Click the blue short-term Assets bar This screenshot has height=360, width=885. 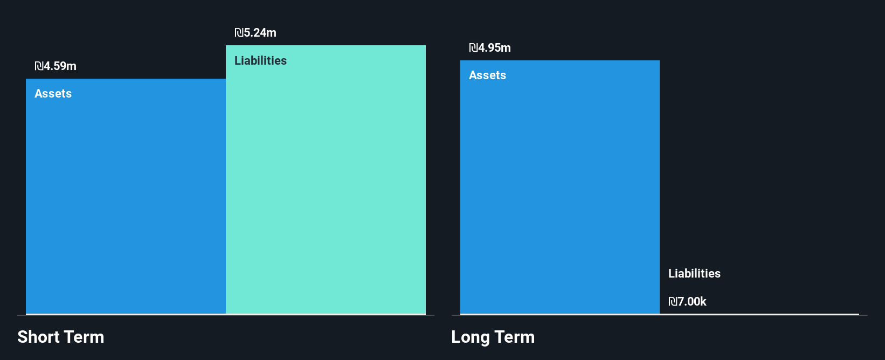(x=126, y=205)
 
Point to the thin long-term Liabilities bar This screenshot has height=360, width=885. (x=759, y=314)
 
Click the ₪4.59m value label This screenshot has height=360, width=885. (x=56, y=66)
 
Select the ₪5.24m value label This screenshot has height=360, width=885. (x=255, y=33)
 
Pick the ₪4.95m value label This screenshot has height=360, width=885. (x=490, y=48)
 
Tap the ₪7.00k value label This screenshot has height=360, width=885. (x=687, y=302)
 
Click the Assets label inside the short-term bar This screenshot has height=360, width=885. (x=53, y=94)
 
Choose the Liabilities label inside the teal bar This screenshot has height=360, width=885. (x=260, y=61)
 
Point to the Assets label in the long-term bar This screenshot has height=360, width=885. (x=487, y=75)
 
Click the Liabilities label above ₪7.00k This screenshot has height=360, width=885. (x=694, y=274)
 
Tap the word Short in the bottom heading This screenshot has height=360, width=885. (x=38, y=337)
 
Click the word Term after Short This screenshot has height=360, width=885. (x=84, y=337)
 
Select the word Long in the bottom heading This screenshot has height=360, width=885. (x=471, y=337)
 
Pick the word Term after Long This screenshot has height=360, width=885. (x=515, y=337)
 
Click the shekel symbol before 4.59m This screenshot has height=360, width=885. (x=39, y=66)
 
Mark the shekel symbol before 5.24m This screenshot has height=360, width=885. (x=239, y=33)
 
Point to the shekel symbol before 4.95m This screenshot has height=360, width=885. (x=473, y=48)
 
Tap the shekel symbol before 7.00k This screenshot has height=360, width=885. (x=673, y=302)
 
